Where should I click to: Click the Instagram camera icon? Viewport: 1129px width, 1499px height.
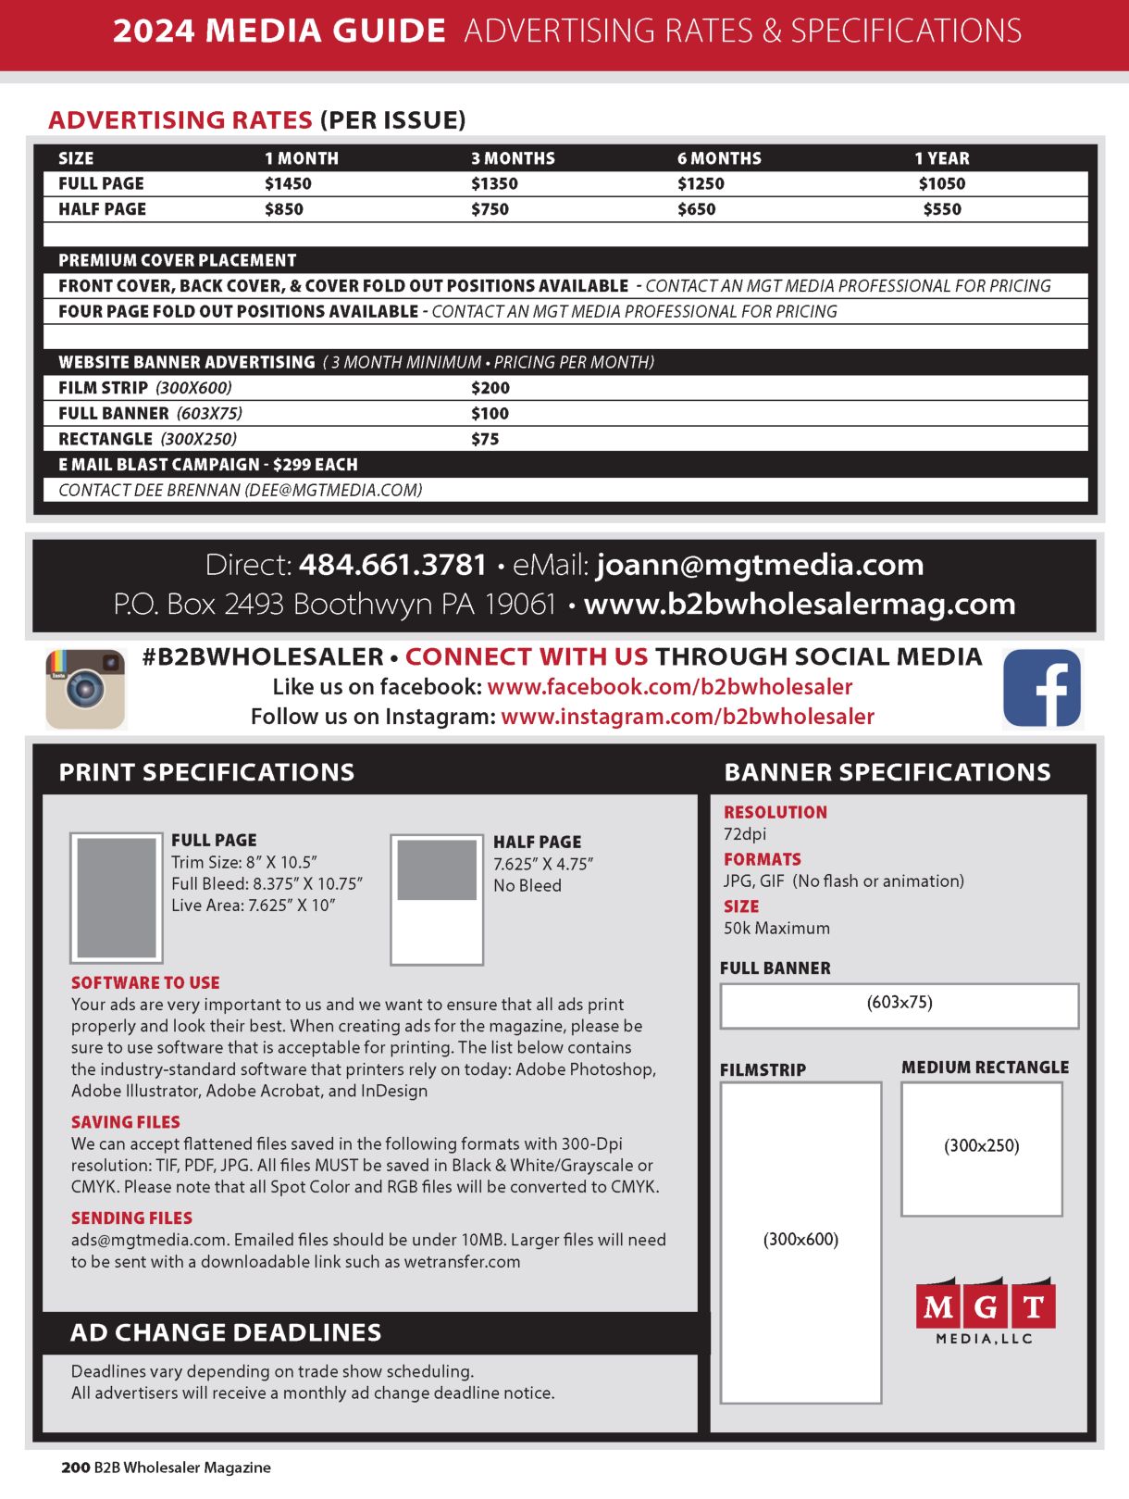click(x=85, y=689)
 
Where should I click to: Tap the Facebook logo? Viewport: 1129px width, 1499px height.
click(x=1042, y=688)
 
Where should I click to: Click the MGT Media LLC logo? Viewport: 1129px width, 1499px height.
click(x=986, y=1310)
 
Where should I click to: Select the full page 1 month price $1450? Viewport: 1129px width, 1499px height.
click(x=288, y=183)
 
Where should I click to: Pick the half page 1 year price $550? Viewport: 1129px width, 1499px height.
click(x=942, y=209)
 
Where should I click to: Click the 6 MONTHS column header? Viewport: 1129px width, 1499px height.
click(x=719, y=158)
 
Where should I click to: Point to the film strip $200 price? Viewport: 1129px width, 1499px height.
click(x=490, y=388)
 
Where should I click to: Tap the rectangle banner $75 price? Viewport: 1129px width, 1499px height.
click(x=485, y=439)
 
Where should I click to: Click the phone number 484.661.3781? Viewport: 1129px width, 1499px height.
click(x=392, y=565)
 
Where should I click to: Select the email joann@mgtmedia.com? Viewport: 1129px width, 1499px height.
click(x=760, y=565)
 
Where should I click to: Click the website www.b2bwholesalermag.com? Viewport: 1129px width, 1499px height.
click(x=800, y=604)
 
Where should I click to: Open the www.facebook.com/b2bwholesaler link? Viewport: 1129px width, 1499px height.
click(x=669, y=687)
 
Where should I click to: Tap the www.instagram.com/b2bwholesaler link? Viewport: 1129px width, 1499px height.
click(x=687, y=717)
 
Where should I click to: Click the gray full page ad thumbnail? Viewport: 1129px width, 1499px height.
click(x=117, y=897)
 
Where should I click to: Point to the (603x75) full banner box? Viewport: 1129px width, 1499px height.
click(x=899, y=1006)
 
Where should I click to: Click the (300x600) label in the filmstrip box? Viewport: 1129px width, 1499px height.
click(x=800, y=1240)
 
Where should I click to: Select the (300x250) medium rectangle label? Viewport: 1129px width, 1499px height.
click(x=982, y=1146)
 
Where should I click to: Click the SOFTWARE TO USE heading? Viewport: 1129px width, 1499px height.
click(x=145, y=983)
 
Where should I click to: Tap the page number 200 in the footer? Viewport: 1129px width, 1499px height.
click(x=75, y=1468)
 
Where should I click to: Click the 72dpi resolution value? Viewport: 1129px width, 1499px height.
click(x=745, y=834)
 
